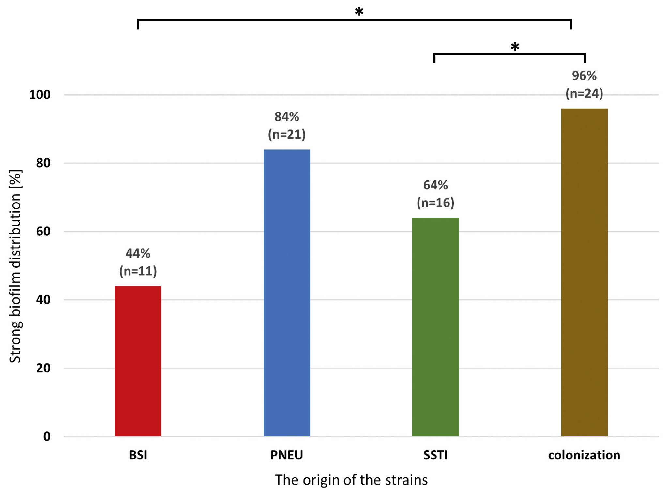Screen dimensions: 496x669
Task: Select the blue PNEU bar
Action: (286, 293)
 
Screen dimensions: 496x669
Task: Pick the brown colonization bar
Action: (584, 272)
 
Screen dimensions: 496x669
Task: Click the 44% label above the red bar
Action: (138, 253)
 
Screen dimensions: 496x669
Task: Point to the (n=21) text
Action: (286, 134)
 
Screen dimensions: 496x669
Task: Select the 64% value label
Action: (435, 185)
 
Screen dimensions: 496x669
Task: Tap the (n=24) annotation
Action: (584, 93)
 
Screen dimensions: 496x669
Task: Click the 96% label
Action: (584, 76)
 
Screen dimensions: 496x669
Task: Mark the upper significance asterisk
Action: (359, 12)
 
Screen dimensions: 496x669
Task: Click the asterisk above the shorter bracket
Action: (515, 47)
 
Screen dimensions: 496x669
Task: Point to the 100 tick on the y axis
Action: (40, 95)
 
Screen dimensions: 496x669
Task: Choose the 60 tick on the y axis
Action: (43, 231)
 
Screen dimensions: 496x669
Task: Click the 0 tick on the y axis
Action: (47, 436)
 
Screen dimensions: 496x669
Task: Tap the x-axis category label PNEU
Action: (286, 455)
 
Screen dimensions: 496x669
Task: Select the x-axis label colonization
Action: (584, 455)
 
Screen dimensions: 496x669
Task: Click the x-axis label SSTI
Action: (435, 455)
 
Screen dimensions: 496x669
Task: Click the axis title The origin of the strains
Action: (351, 480)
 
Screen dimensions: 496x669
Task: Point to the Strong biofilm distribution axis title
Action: (15, 266)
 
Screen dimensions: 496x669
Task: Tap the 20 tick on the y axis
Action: (43, 368)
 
